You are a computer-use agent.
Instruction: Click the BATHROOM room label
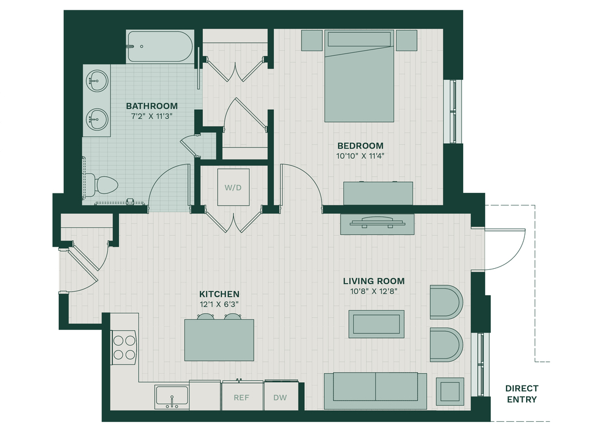152,106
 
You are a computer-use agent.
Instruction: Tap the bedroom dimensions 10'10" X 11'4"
360,156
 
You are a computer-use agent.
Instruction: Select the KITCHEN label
220,294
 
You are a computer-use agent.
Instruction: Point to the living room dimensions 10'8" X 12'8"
373,291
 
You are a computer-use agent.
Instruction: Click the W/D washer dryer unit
233,187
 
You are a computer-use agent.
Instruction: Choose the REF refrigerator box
241,397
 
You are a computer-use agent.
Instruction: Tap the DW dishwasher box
281,397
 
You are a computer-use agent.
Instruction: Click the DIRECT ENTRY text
521,394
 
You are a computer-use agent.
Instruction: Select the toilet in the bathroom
101,185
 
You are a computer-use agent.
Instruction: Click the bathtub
160,47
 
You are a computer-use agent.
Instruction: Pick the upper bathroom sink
97,80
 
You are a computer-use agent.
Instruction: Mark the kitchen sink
172,397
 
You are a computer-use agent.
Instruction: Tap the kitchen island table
219,340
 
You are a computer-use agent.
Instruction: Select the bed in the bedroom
360,76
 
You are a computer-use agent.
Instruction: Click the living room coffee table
376,324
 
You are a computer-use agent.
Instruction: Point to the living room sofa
375,391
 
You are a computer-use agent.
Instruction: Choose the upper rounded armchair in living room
447,302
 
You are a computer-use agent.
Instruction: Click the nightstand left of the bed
312,40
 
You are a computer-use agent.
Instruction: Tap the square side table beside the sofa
450,391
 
